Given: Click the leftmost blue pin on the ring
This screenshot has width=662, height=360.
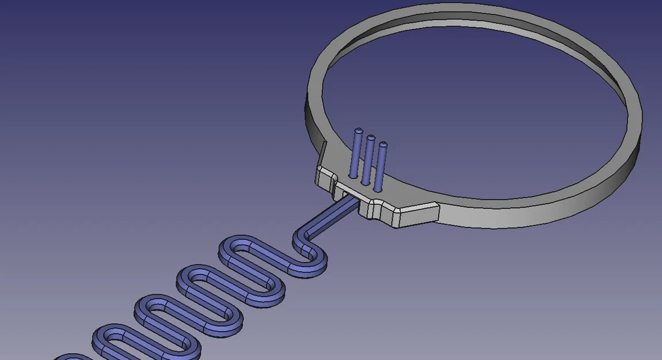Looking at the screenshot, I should (356, 154).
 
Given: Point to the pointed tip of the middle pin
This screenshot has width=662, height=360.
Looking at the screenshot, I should (371, 138).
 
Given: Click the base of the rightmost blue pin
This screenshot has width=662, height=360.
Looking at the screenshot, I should (378, 188).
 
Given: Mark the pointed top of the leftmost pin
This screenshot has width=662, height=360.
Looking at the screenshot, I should (359, 131).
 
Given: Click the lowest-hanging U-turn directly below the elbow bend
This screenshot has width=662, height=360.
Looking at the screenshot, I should (311, 270).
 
